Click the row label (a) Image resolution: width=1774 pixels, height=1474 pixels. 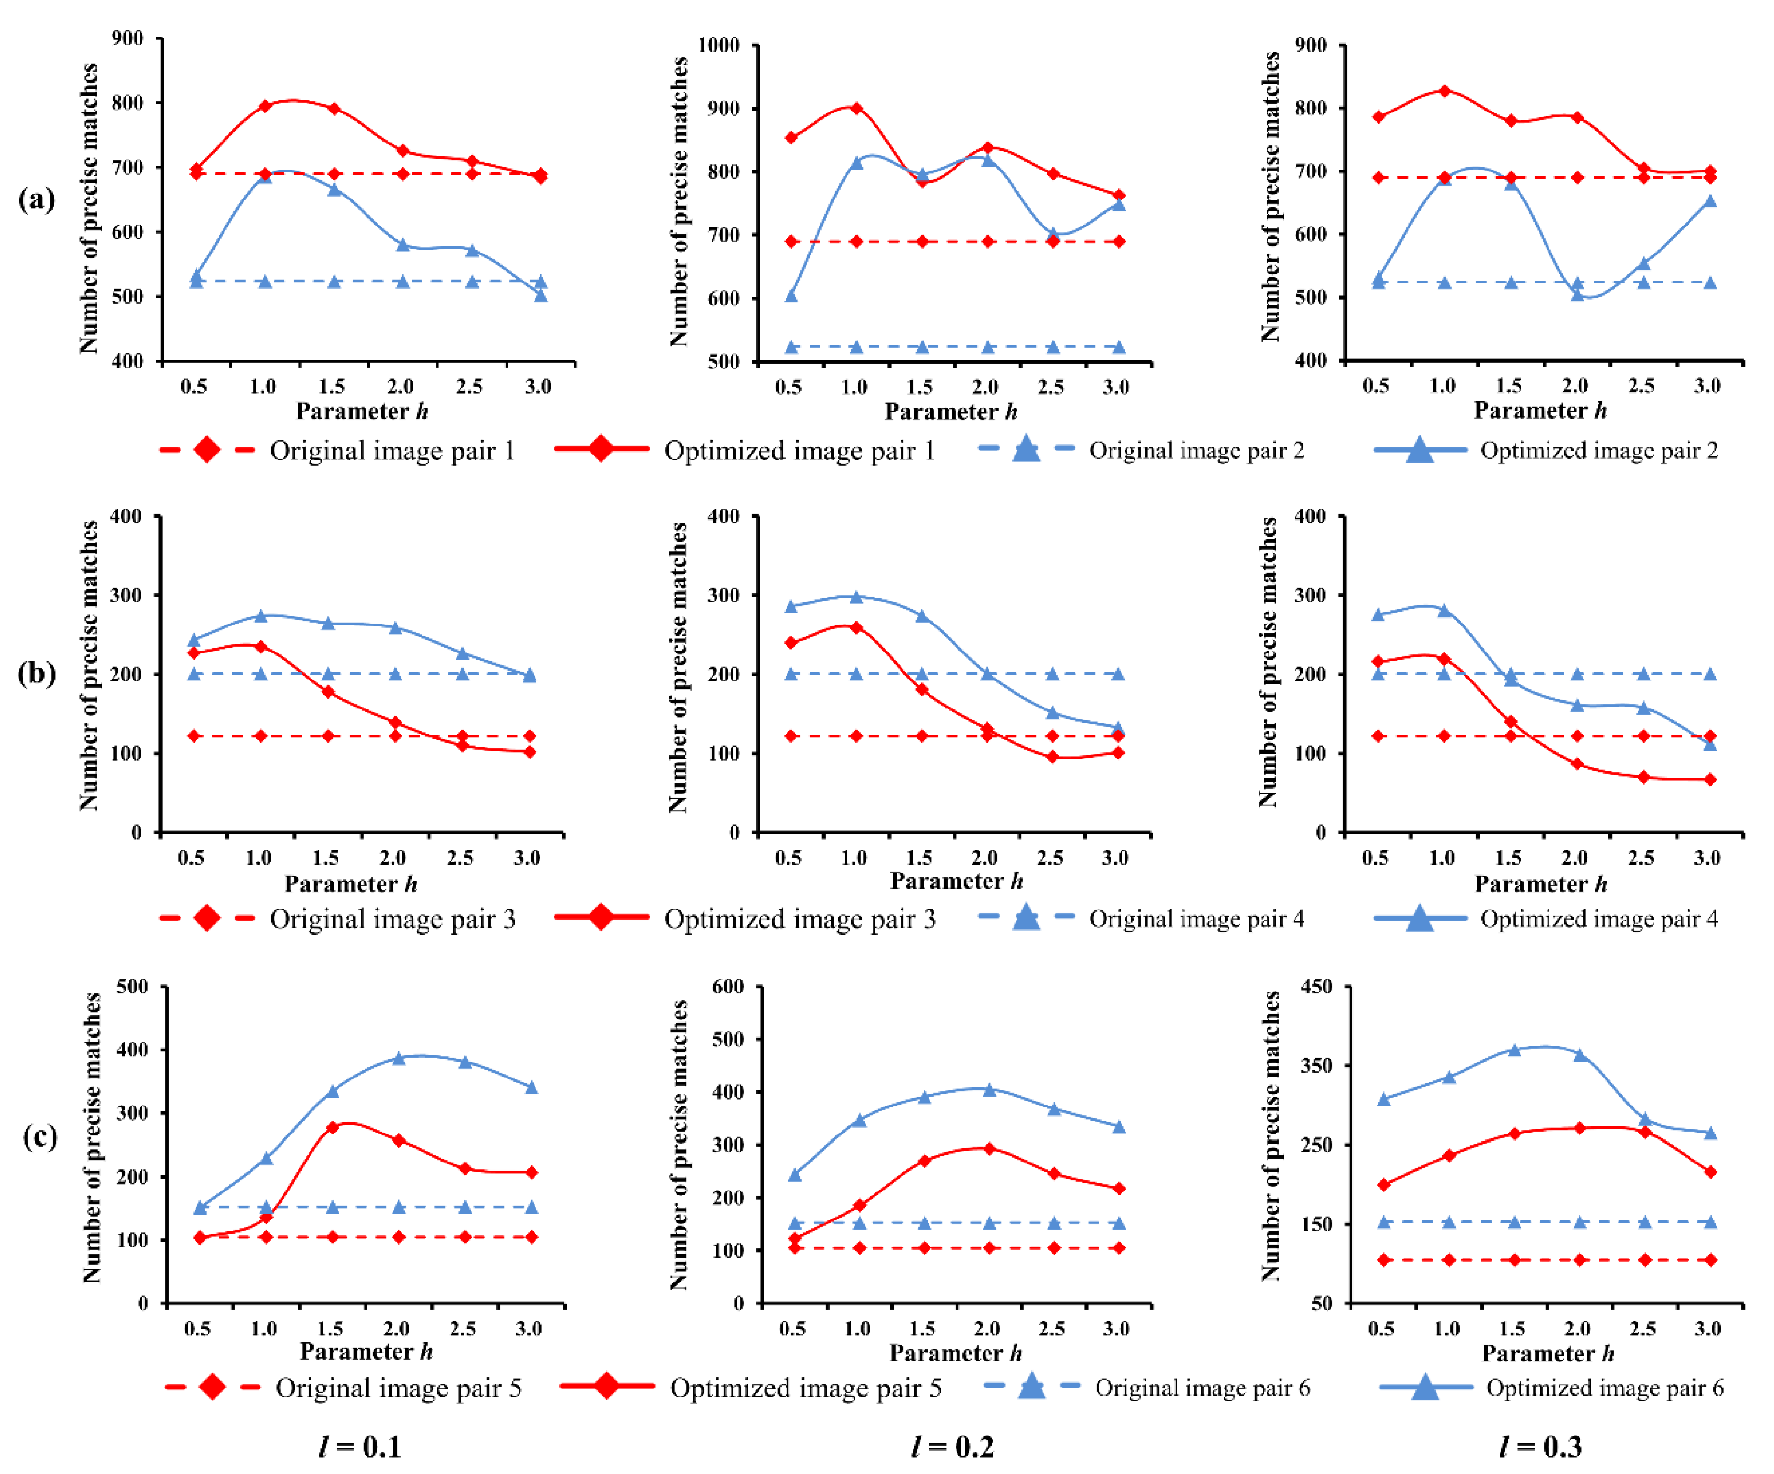(x=36, y=199)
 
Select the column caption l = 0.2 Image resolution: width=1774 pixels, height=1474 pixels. (x=952, y=1447)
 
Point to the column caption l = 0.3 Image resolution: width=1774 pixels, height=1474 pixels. (x=1540, y=1447)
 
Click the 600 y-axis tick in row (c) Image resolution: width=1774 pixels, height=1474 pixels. (x=728, y=987)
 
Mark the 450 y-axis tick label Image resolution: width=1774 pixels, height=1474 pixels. (x=1316, y=987)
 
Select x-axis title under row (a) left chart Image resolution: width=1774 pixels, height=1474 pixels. (x=362, y=411)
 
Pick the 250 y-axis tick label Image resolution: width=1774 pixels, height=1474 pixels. (x=1316, y=1145)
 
